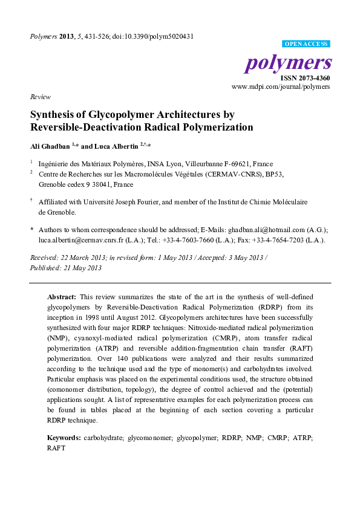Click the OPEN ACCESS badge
coord(307,44)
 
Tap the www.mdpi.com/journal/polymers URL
coord(281,87)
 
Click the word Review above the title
coord(40,97)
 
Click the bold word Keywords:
coord(64,436)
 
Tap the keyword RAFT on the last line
coord(55,449)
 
